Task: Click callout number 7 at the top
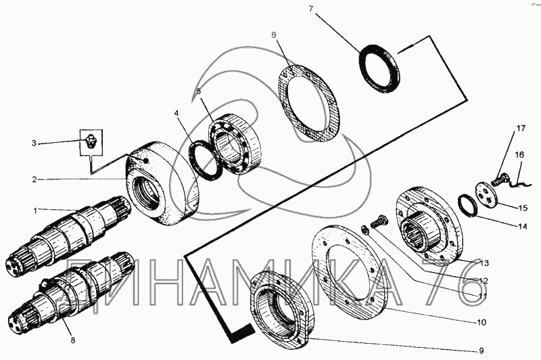311,9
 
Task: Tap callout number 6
274,35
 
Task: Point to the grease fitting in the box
90,142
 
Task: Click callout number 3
34,143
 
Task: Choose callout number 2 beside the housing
34,179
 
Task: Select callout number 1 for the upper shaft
34,210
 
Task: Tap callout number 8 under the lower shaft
73,340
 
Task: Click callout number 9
481,351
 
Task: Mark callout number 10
481,322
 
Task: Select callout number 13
484,263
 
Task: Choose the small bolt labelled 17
499,180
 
